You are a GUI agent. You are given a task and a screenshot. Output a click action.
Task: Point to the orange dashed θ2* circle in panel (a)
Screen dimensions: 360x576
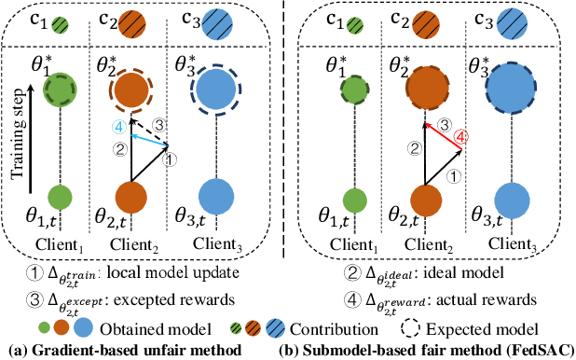coord(131,90)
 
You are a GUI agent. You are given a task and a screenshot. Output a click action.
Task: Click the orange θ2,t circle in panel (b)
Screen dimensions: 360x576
coord(424,200)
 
